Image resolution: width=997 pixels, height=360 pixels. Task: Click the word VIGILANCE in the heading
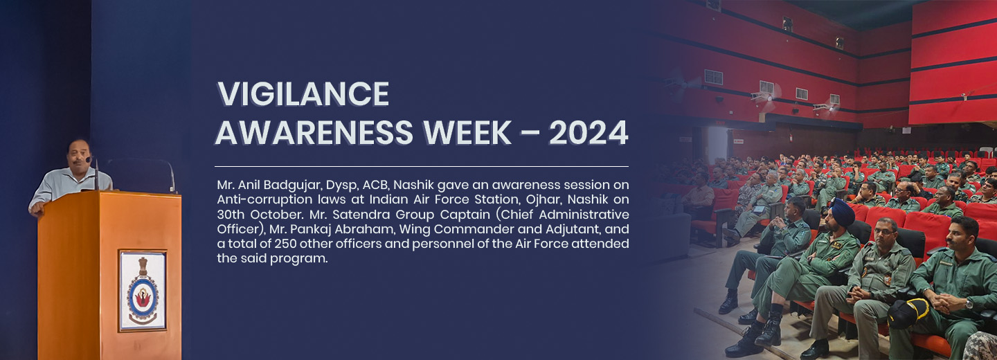(x=303, y=94)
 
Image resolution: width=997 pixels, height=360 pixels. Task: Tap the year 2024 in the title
(x=589, y=133)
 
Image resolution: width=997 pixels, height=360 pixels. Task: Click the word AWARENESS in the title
(x=314, y=133)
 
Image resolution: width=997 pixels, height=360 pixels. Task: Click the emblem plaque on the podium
(x=143, y=291)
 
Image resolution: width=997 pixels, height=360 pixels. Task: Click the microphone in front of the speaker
(x=96, y=174)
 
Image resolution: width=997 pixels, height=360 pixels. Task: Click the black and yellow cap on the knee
(x=908, y=314)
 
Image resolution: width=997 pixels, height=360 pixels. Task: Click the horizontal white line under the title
(x=422, y=166)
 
